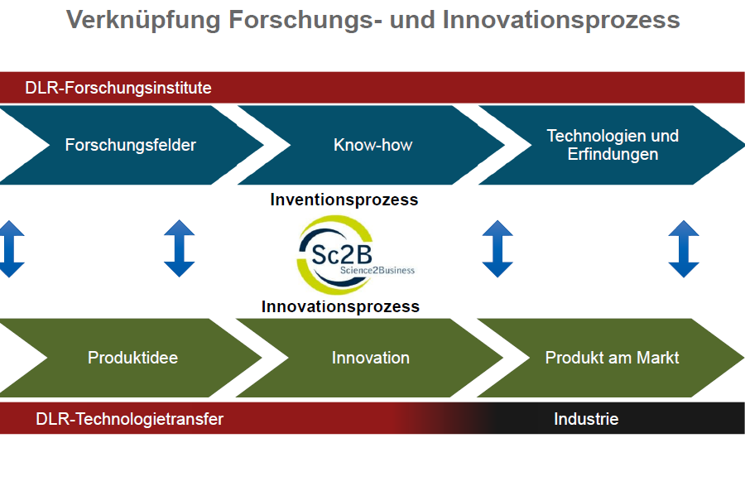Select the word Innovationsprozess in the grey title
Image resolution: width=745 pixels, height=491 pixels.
pos(561,21)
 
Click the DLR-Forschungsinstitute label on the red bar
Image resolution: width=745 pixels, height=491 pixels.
pos(118,88)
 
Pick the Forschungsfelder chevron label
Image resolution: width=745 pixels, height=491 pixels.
pos(131,145)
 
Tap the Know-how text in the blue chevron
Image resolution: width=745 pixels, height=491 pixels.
pos(373,145)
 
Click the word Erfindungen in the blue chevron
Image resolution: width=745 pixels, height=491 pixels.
pos(613,154)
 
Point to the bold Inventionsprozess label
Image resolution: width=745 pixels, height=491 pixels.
pos(344,200)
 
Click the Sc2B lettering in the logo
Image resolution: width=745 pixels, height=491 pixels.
pos(342,255)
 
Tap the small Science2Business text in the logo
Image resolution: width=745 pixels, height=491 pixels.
pos(377,271)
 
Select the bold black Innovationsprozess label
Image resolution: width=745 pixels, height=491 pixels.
pos(340,306)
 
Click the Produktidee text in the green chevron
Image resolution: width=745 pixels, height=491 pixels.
pos(133,358)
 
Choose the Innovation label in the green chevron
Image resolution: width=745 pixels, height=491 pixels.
pos(371,358)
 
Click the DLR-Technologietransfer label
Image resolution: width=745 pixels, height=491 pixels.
pos(130,419)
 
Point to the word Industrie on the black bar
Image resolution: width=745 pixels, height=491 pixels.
pos(586,419)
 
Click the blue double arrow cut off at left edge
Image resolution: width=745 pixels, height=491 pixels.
pos(11,248)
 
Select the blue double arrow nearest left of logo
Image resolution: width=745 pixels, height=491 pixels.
pos(179,248)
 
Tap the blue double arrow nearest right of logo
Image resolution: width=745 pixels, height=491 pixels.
pos(497,248)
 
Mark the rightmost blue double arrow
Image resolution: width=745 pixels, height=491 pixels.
pos(684,248)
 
